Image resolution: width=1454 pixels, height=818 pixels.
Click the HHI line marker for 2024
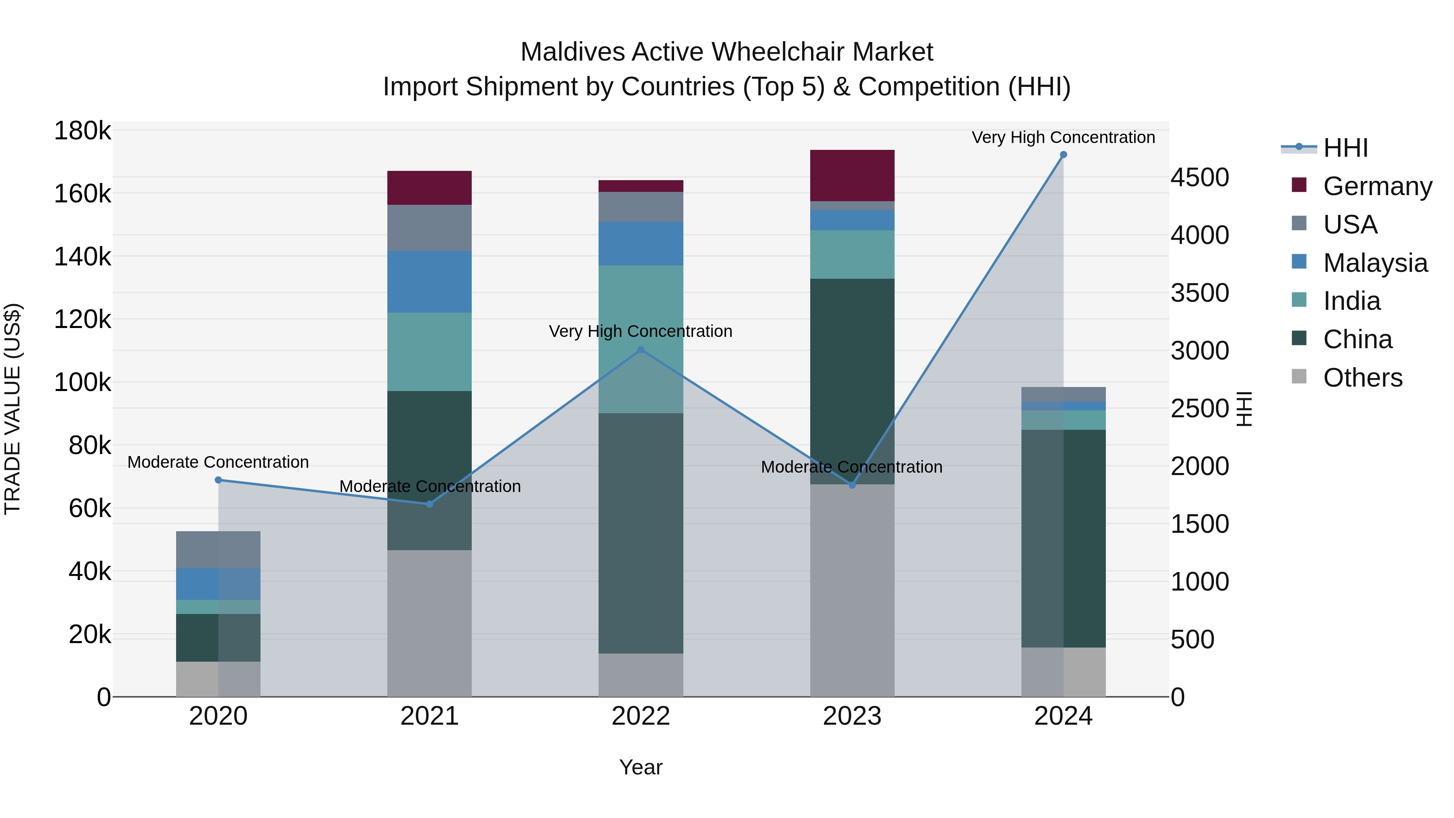[x=1063, y=155]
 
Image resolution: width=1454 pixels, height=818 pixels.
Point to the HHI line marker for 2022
[x=641, y=350]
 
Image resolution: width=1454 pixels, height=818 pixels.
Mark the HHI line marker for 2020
[x=219, y=480]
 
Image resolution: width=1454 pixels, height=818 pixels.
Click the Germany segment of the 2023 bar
[x=852, y=176]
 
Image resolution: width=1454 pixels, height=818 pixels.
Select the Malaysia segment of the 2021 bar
[x=430, y=282]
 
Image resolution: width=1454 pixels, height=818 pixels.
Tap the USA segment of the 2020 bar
[x=219, y=549]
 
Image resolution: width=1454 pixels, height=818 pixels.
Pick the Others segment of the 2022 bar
[x=641, y=675]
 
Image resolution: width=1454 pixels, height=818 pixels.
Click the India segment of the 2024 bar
[x=1063, y=420]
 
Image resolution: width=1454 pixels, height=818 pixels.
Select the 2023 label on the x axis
[x=852, y=716]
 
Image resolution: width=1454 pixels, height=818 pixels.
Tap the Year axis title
[x=641, y=767]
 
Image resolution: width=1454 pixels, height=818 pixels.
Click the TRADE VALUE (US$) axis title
[x=13, y=409]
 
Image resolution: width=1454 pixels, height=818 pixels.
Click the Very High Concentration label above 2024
[x=1063, y=137]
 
